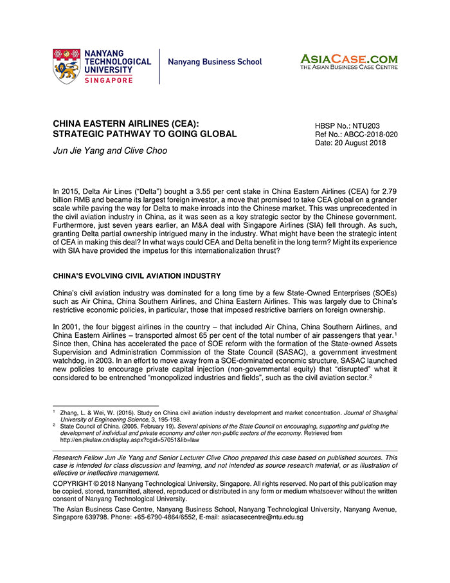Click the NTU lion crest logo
click(67, 66)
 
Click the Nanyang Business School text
click(215, 62)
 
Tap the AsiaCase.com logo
click(348, 62)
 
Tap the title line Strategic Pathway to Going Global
click(145, 134)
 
